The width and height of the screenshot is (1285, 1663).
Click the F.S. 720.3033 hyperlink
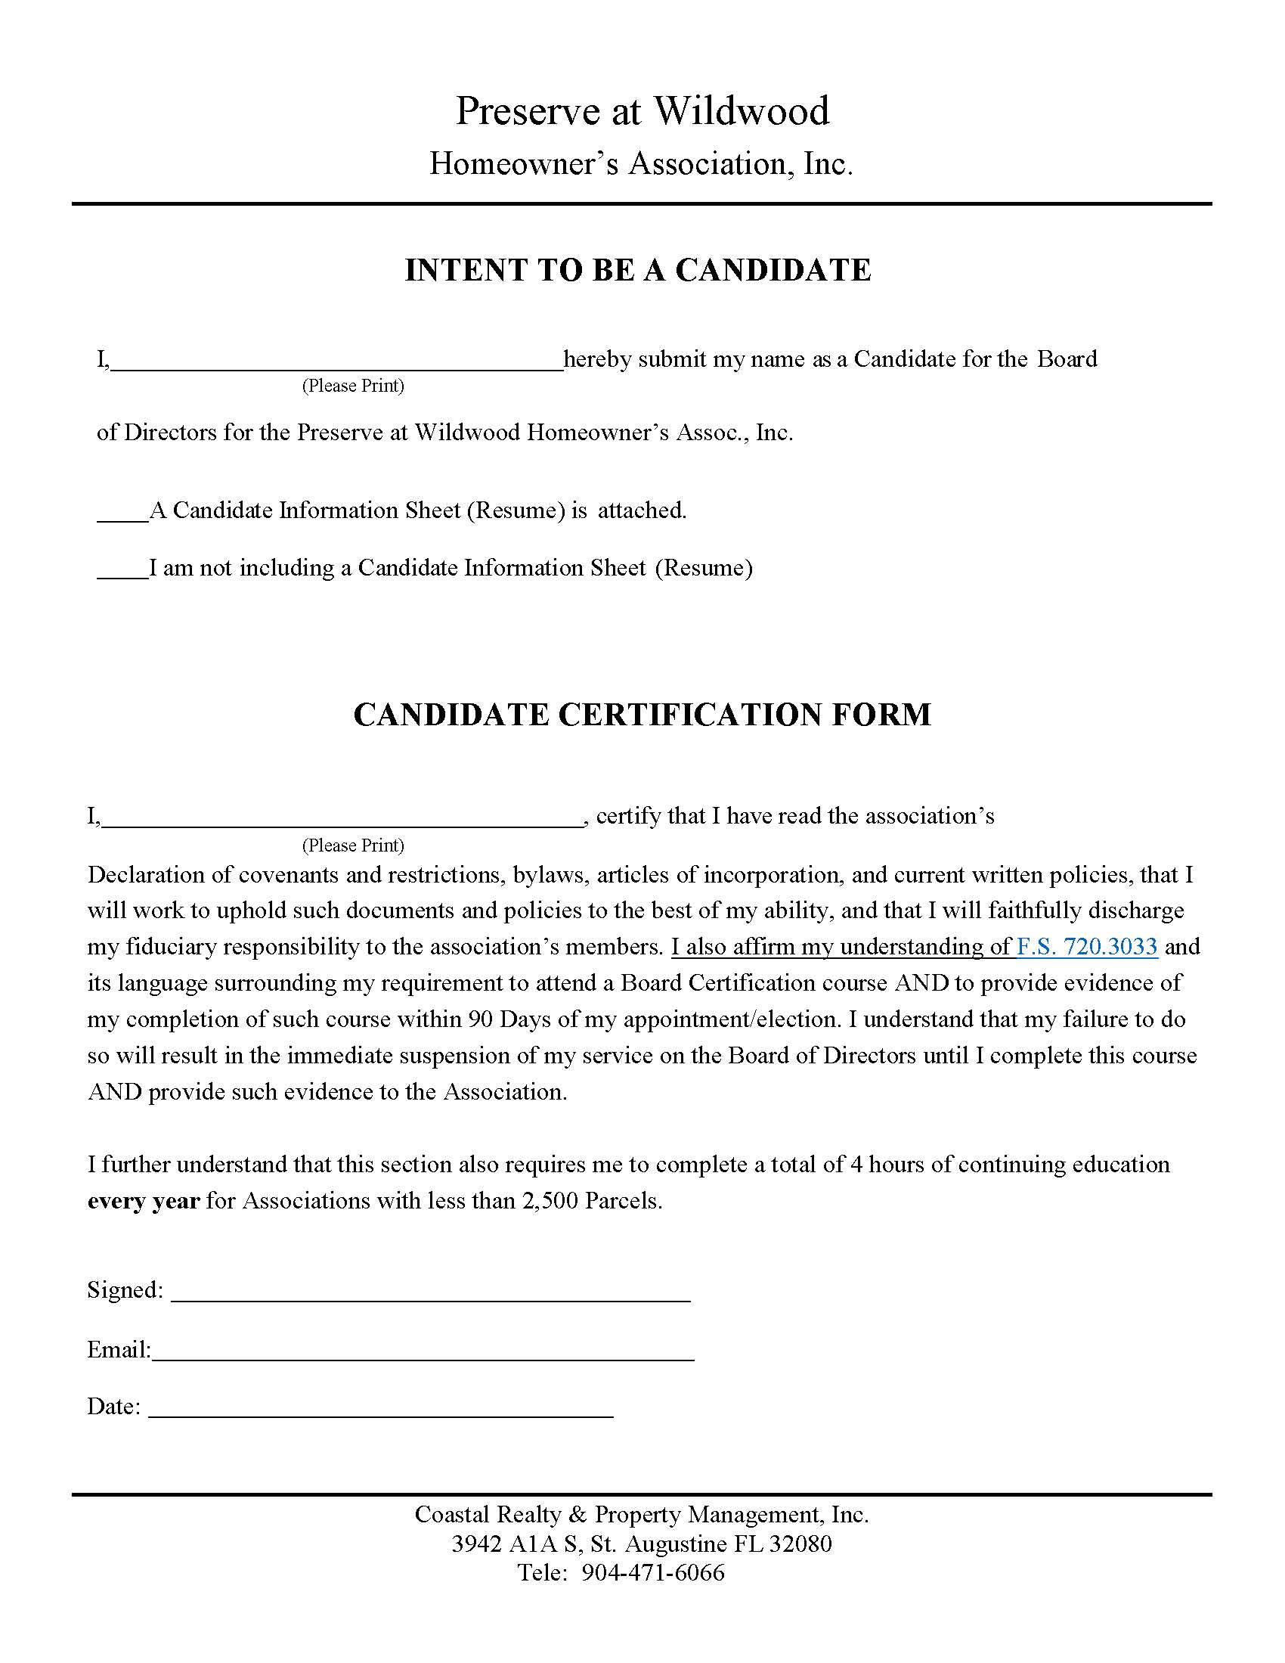pyautogui.click(x=1086, y=947)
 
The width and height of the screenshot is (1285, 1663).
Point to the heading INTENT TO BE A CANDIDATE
pyautogui.click(x=638, y=270)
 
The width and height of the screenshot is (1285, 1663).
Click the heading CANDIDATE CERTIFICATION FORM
pyautogui.click(x=642, y=714)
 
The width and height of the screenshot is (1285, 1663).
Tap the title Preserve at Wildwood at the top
pyautogui.click(x=642, y=110)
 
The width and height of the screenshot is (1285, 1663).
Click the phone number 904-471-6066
pyautogui.click(x=652, y=1572)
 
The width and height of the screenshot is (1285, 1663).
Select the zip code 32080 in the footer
pyautogui.click(x=800, y=1544)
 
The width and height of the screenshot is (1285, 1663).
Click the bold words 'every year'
pyautogui.click(x=143, y=1201)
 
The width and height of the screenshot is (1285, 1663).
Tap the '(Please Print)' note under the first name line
pyautogui.click(x=352, y=386)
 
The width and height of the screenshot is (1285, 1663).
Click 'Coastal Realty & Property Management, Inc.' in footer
pyautogui.click(x=641, y=1515)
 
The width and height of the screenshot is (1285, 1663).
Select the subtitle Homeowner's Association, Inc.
pyautogui.click(x=641, y=163)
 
